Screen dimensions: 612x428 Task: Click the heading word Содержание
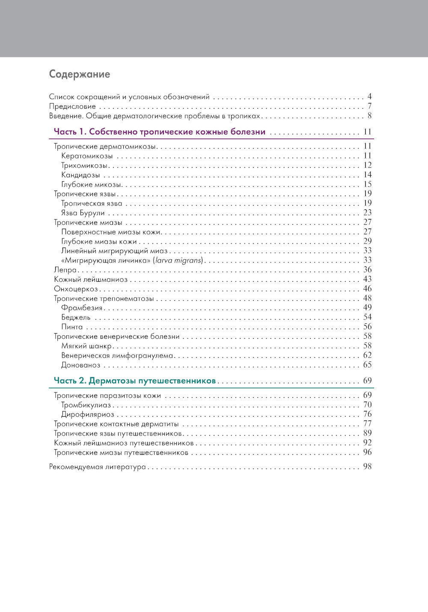[80, 74]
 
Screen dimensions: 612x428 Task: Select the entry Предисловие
[72, 106]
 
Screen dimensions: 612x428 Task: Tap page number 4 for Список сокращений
[369, 96]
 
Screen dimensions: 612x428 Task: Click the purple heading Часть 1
[159, 132]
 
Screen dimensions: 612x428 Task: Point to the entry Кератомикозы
[87, 156]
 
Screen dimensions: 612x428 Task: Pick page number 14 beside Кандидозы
[367, 175]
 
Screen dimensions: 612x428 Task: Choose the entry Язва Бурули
[83, 213]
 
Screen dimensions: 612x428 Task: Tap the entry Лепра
[65, 270]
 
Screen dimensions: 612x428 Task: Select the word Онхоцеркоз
[76, 289]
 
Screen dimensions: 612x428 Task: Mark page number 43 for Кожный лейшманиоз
[367, 279]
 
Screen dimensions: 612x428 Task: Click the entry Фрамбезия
[82, 308]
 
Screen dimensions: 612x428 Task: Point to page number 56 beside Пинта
[367, 327]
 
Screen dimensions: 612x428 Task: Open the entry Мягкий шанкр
[86, 346]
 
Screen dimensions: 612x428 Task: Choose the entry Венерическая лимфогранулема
[117, 355]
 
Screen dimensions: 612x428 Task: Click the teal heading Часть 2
[134, 381]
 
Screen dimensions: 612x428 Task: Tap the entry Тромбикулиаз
[86, 405]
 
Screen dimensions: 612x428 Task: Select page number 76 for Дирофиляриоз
[367, 414]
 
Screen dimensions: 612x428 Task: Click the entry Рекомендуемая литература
[97, 467]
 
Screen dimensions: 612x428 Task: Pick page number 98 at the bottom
[367, 467]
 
